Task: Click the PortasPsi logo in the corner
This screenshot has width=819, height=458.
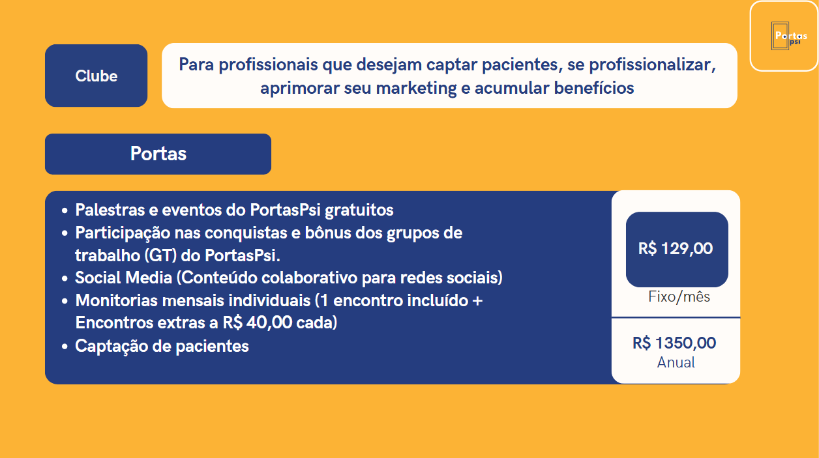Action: tap(784, 36)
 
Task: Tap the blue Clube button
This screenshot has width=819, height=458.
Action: tap(97, 76)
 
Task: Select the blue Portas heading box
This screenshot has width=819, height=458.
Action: tap(158, 154)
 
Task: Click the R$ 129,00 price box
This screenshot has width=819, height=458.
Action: tap(676, 249)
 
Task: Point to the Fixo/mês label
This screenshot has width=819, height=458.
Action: tap(679, 297)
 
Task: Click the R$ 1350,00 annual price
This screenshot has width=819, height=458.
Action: tap(674, 343)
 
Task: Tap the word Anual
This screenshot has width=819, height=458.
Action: tap(676, 362)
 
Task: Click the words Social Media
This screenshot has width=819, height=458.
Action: tap(123, 278)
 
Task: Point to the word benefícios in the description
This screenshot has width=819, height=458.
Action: tap(594, 88)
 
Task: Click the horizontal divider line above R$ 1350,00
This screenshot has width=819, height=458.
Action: tap(676, 317)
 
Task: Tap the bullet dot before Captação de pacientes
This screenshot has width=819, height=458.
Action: tap(64, 347)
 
